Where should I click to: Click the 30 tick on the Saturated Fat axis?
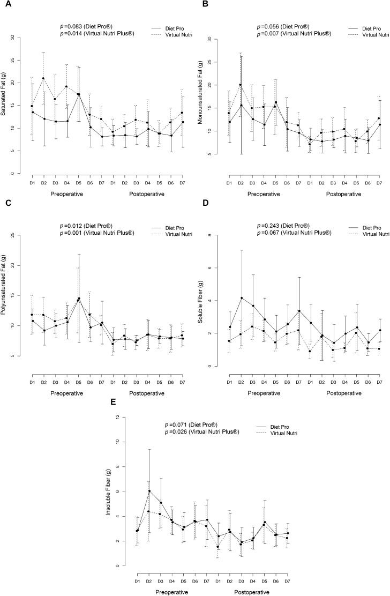(20, 38)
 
